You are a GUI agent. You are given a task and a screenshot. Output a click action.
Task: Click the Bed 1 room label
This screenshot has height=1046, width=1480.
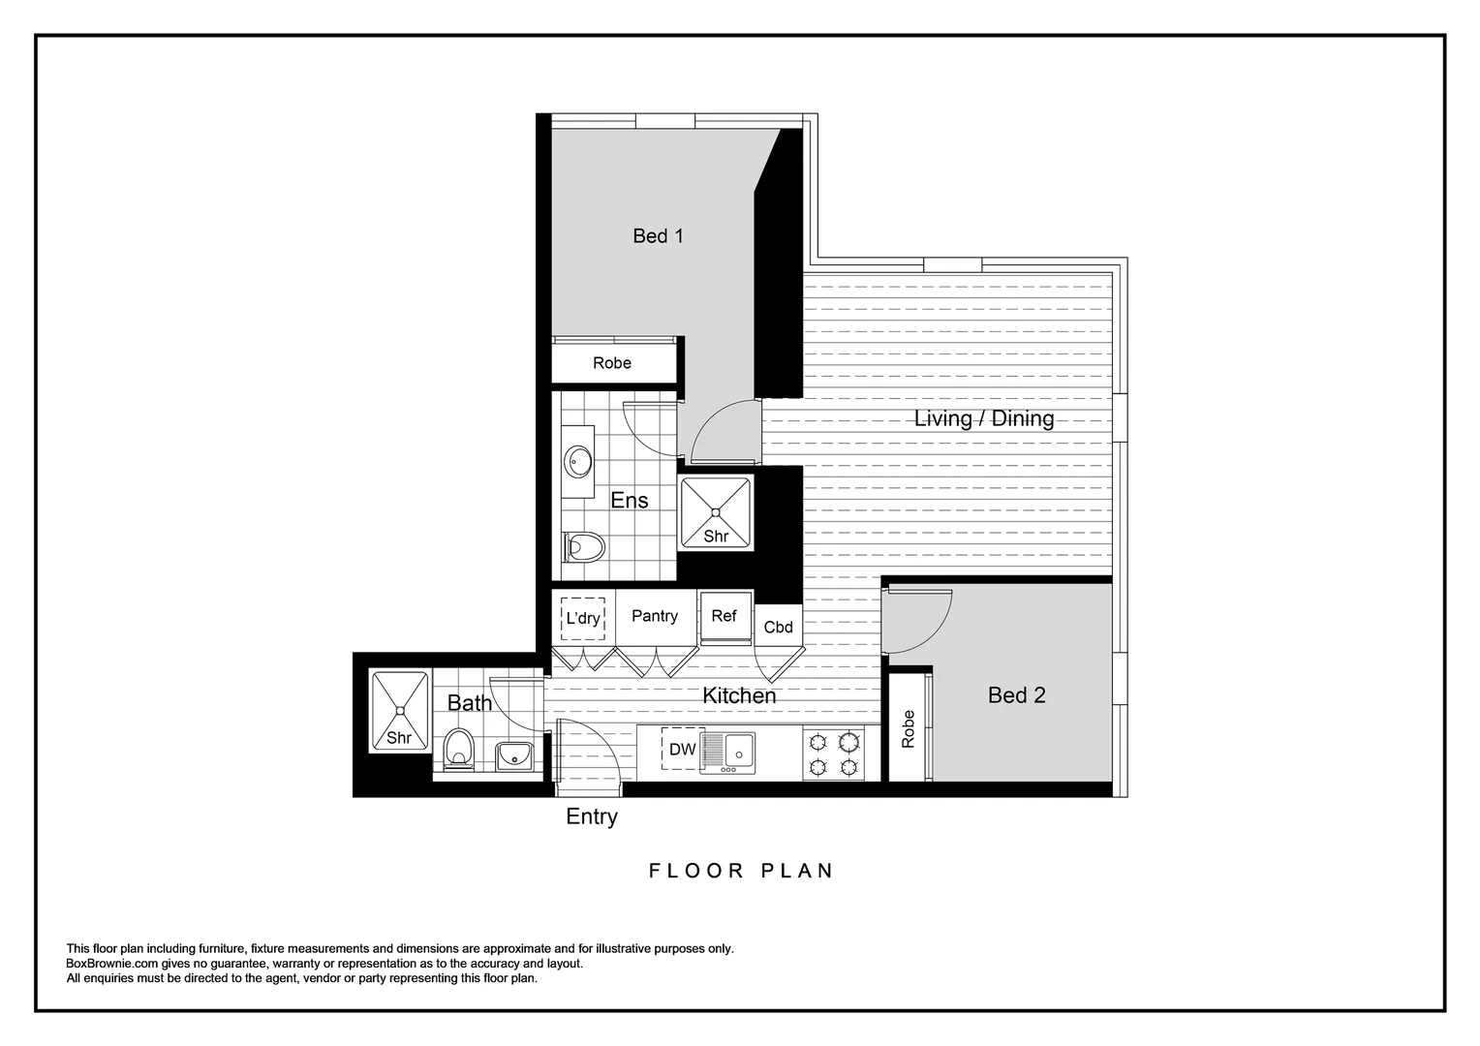pos(658,235)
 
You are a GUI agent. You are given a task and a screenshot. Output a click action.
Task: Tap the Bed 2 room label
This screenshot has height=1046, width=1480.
pos(1016,694)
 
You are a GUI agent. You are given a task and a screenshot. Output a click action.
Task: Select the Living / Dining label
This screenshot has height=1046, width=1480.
pos(984,418)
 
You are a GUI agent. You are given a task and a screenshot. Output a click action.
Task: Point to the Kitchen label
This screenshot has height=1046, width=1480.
pos(739,695)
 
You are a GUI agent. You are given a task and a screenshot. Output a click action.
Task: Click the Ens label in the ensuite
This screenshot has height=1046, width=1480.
pos(630,500)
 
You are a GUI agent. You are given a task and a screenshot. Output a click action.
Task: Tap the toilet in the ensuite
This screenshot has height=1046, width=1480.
pos(584,547)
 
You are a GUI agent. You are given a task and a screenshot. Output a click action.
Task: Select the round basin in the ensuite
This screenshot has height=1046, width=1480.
pos(580,461)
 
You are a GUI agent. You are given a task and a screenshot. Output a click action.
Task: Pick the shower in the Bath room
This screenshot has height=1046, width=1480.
pos(399,710)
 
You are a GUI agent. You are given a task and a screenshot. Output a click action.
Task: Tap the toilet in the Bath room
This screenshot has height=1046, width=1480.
pos(458,749)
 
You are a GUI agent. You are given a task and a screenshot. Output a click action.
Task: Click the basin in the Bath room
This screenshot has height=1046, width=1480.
pos(514,754)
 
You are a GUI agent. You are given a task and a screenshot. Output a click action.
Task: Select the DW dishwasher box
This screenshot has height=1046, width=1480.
pos(683,749)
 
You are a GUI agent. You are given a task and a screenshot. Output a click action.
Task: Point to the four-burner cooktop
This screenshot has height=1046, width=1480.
pos(834,754)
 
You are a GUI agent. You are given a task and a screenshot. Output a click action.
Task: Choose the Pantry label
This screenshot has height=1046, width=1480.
pos(655,616)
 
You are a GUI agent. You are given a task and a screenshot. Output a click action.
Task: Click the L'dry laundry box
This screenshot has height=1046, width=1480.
pos(583,618)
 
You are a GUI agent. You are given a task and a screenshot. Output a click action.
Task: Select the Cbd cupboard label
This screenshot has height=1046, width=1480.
pos(778,627)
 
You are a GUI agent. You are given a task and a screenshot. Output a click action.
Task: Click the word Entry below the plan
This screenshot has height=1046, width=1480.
pos(592,816)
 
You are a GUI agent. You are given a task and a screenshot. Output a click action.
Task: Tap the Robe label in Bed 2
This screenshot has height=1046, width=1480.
pos(908,729)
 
